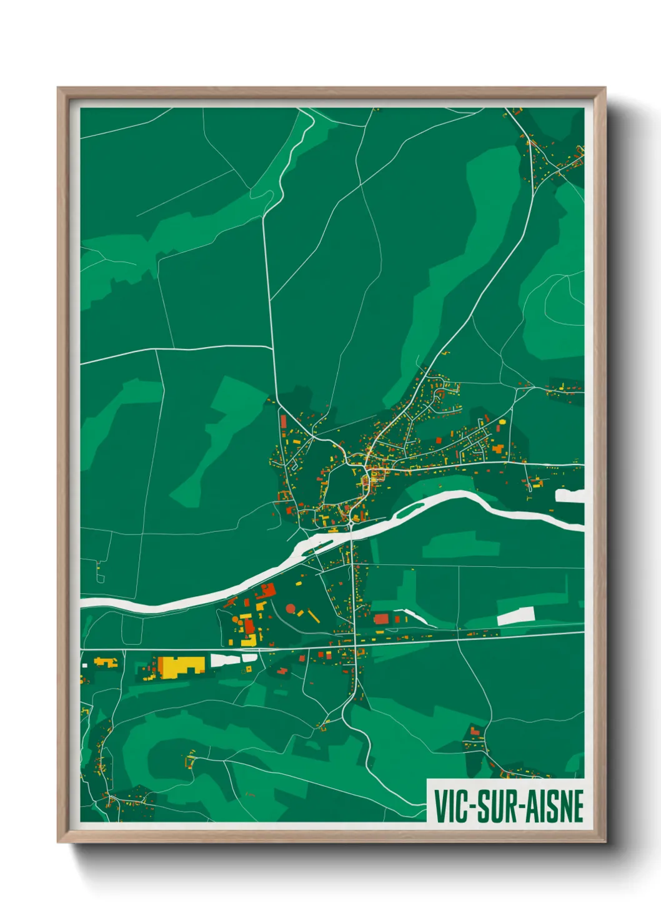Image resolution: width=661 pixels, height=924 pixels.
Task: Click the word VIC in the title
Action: (x=450, y=806)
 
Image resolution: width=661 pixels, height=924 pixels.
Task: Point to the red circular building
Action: (x=291, y=607)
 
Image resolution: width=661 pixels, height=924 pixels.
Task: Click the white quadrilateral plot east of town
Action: (x=515, y=616)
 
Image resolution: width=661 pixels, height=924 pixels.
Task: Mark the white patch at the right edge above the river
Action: (x=569, y=496)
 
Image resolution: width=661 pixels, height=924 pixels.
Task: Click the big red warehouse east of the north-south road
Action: (x=380, y=619)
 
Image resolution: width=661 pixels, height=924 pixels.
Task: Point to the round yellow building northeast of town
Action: (x=501, y=423)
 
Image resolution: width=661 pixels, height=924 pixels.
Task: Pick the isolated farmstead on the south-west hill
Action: (x=189, y=760)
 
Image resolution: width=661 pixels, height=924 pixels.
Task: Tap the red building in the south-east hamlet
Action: (x=475, y=730)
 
